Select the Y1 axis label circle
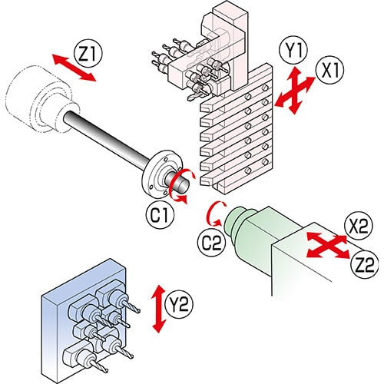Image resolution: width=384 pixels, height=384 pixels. (x=293, y=51)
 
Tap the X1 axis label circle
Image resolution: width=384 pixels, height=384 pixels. (x=330, y=70)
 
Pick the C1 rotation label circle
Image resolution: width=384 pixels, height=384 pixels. (x=160, y=214)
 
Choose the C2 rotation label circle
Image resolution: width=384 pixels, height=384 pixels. (x=212, y=242)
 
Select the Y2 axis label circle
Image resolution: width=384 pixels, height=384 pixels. (x=179, y=305)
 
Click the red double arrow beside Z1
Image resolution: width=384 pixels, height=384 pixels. (x=74, y=68)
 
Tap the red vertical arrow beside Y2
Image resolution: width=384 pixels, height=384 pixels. (x=159, y=309)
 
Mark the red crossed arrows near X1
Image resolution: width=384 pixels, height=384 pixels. (x=294, y=90)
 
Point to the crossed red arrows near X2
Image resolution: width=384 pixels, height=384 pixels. (x=328, y=245)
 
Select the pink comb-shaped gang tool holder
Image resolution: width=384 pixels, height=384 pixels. (x=236, y=128)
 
